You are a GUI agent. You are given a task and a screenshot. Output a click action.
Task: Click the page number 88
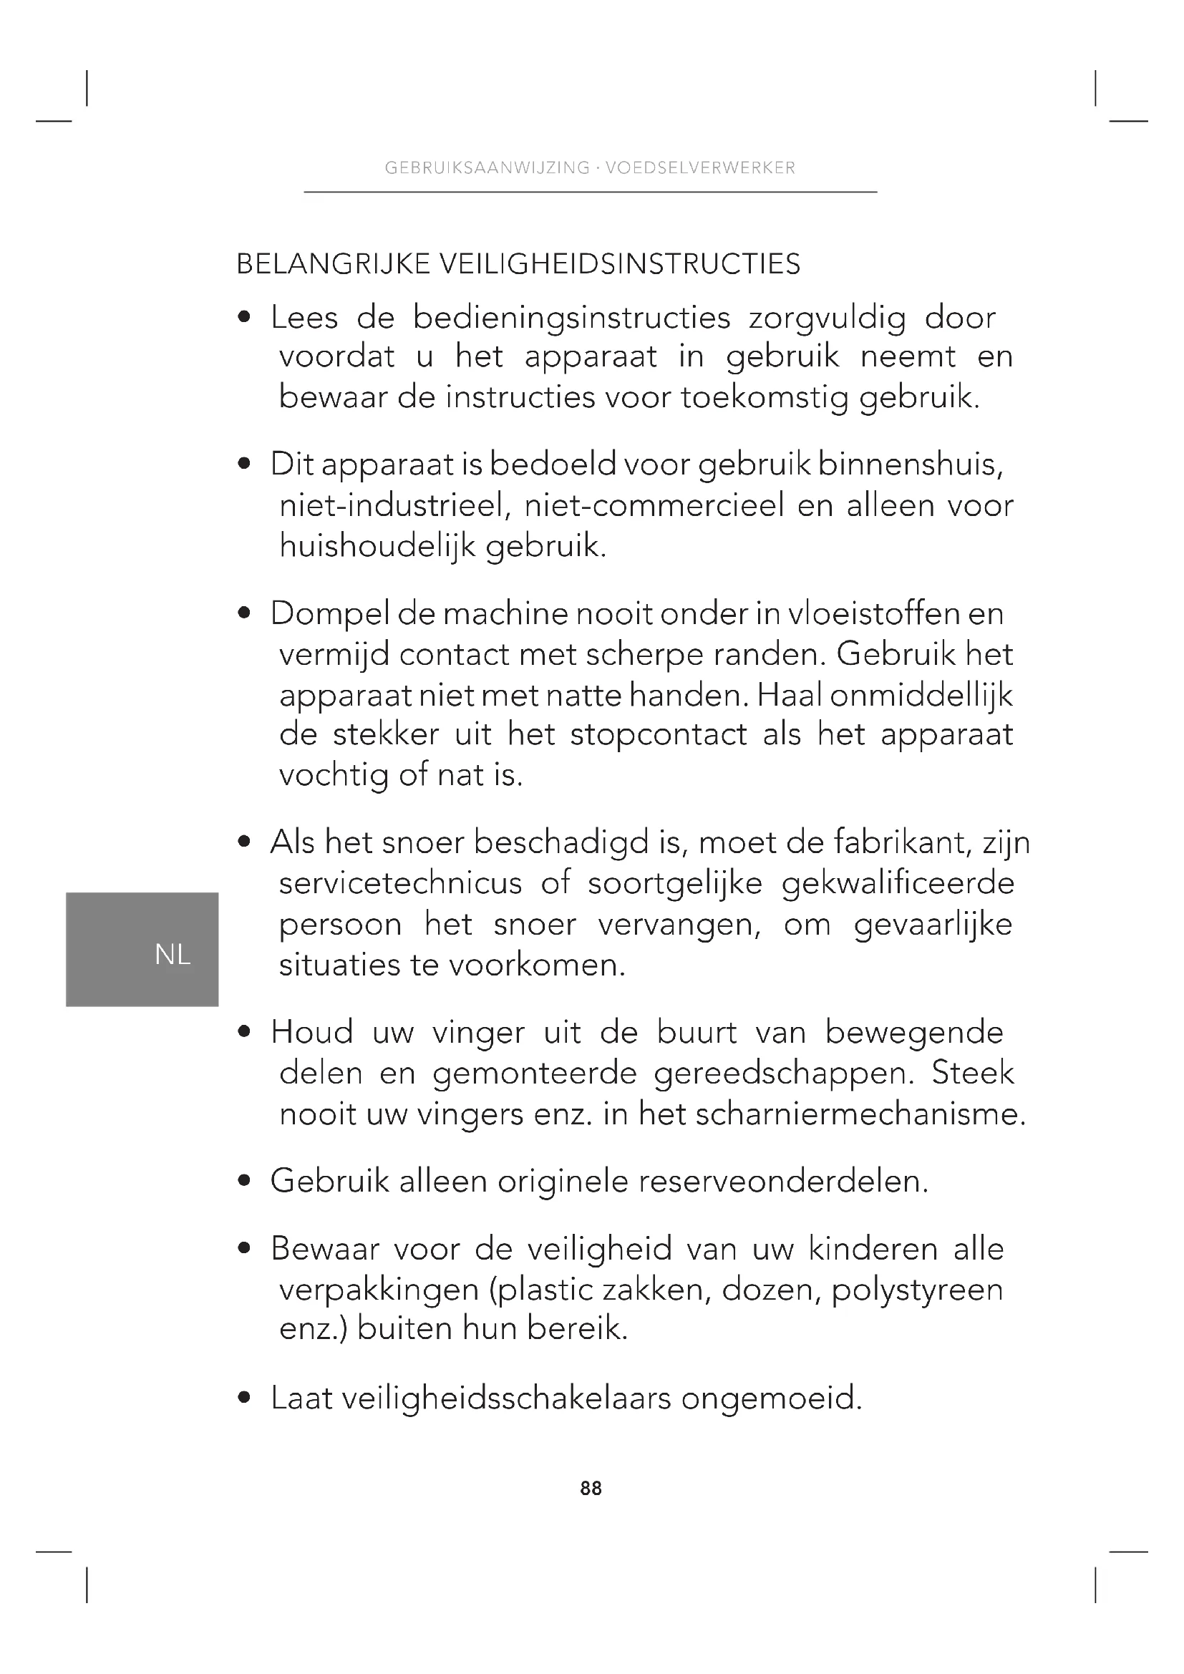point(591,1488)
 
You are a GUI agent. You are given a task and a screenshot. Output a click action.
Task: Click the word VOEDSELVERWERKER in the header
point(701,167)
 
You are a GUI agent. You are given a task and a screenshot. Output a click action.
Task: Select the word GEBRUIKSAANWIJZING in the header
point(487,167)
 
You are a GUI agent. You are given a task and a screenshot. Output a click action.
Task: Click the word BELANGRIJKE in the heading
point(333,264)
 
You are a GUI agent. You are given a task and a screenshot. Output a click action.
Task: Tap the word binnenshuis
point(911,464)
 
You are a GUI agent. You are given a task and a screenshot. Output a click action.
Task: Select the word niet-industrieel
point(394,505)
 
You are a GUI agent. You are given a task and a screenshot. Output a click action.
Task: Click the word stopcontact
point(659,734)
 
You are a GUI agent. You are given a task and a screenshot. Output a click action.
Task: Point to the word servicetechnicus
point(401,884)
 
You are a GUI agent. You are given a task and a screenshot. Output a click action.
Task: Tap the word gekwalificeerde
point(898,884)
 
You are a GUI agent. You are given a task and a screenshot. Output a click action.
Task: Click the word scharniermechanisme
point(860,1114)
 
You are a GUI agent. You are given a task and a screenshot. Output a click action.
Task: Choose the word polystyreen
point(917,1290)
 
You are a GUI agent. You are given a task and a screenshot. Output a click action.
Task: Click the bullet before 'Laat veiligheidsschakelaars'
point(245,1398)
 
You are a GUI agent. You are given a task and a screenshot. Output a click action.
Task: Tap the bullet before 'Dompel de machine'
point(245,614)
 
